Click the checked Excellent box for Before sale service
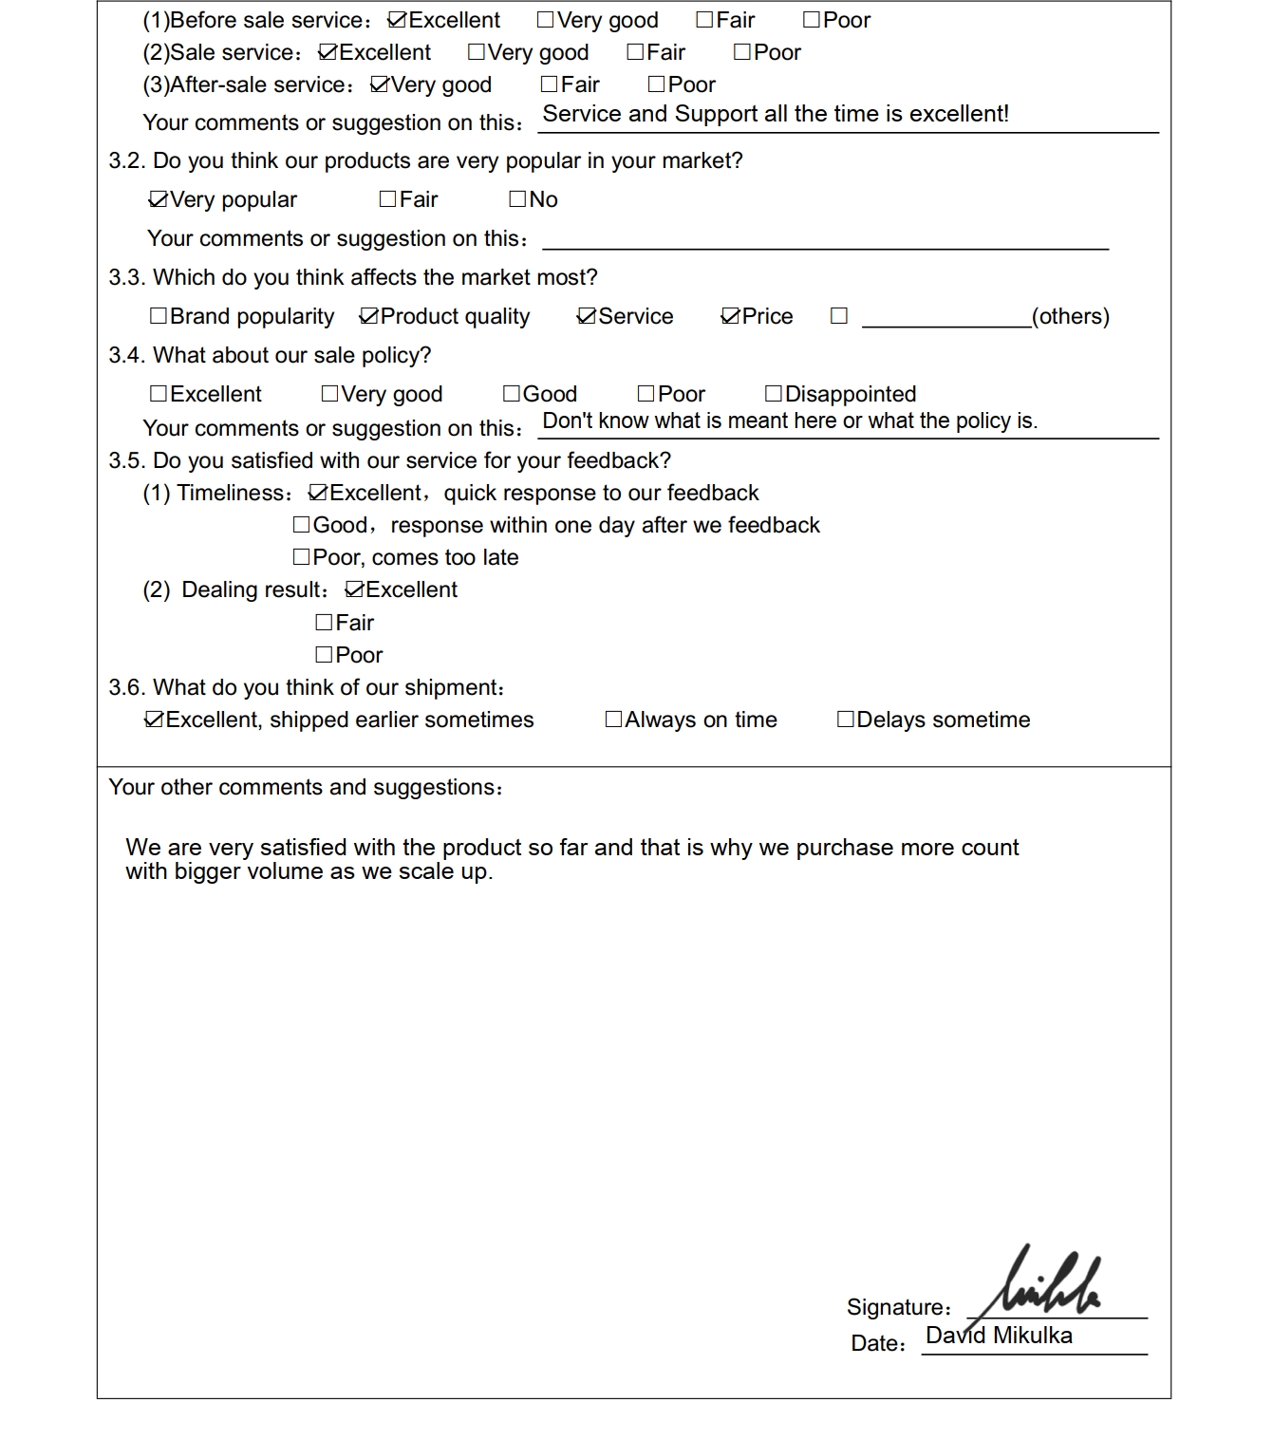[x=397, y=20]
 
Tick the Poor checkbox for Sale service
[x=742, y=52]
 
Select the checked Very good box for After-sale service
[x=380, y=84]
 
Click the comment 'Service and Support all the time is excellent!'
[x=775, y=114]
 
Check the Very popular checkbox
[x=159, y=199]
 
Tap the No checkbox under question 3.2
[x=517, y=199]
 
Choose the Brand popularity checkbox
[x=159, y=316]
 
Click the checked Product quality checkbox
[x=369, y=316]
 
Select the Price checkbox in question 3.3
[x=730, y=316]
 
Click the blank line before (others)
[x=945, y=318]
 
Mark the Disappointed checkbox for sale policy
[x=774, y=394]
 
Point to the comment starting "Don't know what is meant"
[x=789, y=421]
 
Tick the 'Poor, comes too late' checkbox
[x=302, y=557]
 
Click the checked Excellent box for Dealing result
[x=354, y=589]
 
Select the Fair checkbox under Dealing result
[x=324, y=623]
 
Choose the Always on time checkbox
[x=614, y=720]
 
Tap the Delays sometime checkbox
[x=845, y=720]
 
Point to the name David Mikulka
[x=999, y=1336]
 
